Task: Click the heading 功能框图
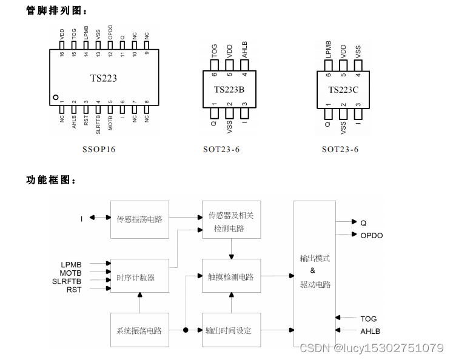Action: click(51, 180)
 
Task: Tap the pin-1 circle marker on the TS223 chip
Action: click(55, 97)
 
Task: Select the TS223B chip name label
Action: click(229, 90)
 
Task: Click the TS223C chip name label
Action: click(343, 90)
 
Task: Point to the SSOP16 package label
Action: click(99, 149)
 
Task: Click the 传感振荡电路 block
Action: click(139, 219)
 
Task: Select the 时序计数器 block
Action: click(139, 278)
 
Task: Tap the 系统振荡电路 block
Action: click(139, 330)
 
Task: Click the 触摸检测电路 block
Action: click(230, 277)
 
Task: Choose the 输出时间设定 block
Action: click(230, 330)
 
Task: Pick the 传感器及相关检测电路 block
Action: click(230, 221)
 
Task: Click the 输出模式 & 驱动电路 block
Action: click(315, 273)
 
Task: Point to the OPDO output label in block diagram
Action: click(372, 235)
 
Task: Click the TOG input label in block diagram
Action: click(368, 318)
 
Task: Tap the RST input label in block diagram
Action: click(73, 290)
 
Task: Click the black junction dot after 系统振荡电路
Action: click(185, 330)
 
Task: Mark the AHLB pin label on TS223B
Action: click(245, 48)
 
